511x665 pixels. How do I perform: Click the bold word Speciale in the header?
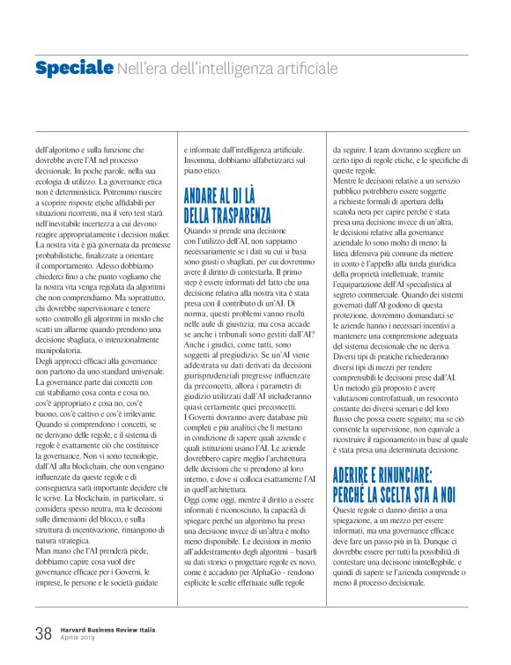74,68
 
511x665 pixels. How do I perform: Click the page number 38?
43,632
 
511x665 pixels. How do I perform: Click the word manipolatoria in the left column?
62,350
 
